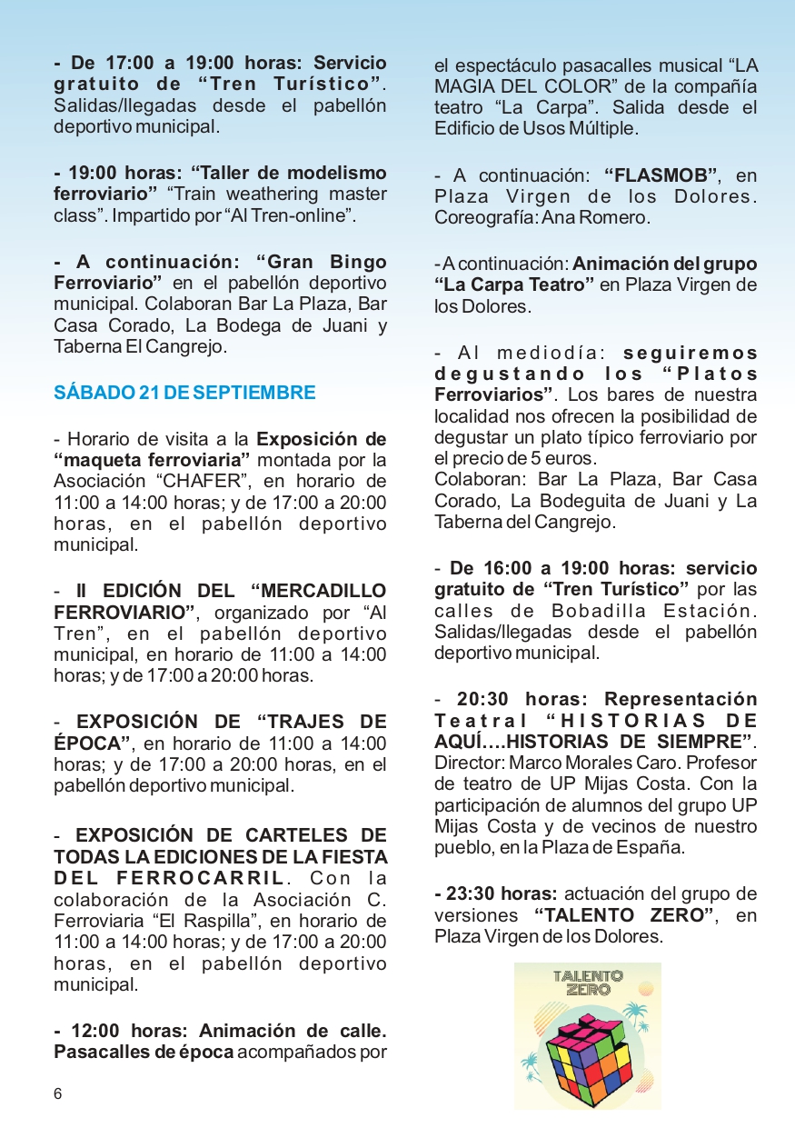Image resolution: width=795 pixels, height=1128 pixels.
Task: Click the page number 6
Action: pyautogui.click(x=58, y=1093)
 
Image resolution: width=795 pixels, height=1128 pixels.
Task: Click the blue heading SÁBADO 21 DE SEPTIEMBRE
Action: pyautogui.click(x=184, y=393)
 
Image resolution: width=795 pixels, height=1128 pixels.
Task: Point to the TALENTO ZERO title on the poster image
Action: pyautogui.click(x=588, y=983)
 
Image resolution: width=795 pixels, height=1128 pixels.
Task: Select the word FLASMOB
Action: pyautogui.click(x=667, y=175)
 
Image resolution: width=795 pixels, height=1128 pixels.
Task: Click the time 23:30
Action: pyautogui.click(x=475, y=893)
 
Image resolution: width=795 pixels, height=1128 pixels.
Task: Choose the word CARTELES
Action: pyautogui.click(x=285, y=834)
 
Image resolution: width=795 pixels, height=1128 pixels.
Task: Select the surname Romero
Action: pyautogui.click(x=621, y=218)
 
